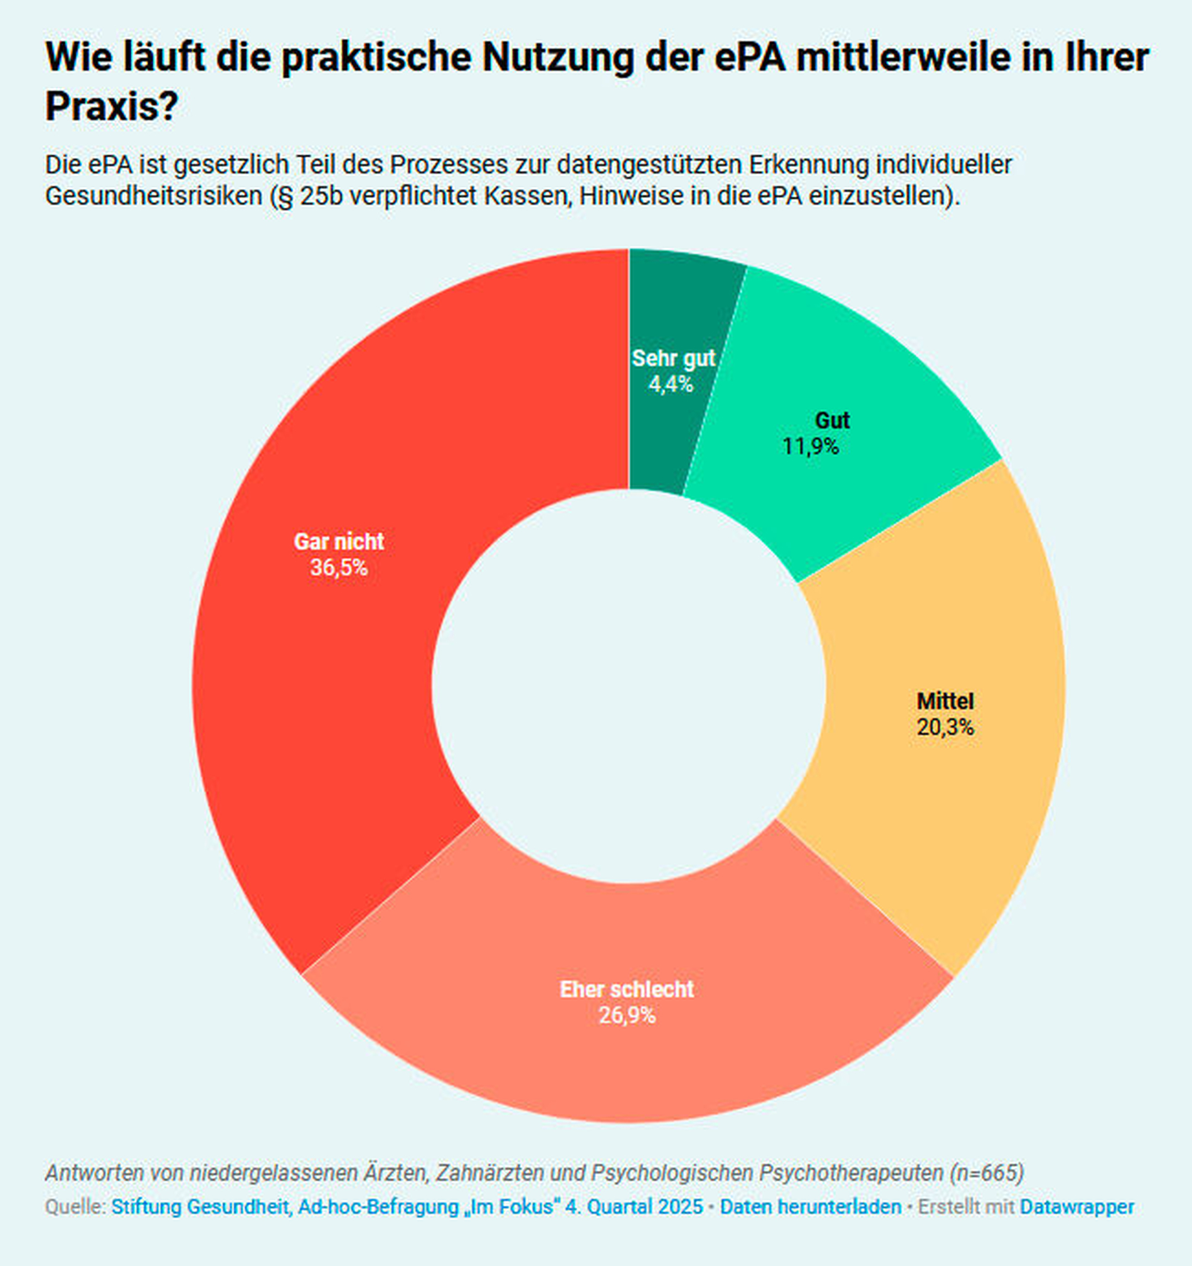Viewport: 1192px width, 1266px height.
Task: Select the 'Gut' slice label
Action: click(832, 421)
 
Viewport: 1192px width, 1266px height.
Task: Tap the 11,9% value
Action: click(810, 447)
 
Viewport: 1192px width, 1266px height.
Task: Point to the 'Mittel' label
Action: click(945, 701)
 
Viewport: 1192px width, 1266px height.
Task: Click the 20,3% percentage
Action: click(945, 727)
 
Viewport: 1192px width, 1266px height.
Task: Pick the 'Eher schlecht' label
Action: click(626, 989)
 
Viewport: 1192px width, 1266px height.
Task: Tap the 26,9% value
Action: click(626, 1016)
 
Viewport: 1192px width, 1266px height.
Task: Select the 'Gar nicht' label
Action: click(339, 541)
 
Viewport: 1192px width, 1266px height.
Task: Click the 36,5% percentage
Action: click(339, 567)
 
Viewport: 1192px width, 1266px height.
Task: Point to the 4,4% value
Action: click(671, 385)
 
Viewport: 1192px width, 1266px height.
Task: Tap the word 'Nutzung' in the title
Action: click(558, 57)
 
